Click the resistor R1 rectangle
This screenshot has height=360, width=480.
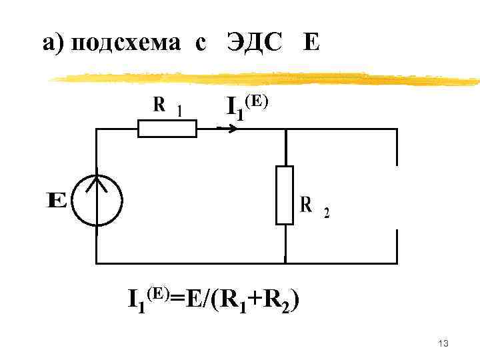[x=167, y=128]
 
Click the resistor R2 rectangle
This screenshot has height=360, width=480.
[x=285, y=195]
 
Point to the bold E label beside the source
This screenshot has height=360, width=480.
[x=57, y=200]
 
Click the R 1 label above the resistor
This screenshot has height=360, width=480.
[x=167, y=107]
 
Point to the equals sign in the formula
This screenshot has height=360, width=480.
[x=178, y=300]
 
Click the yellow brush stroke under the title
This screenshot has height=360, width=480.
[x=267, y=79]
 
